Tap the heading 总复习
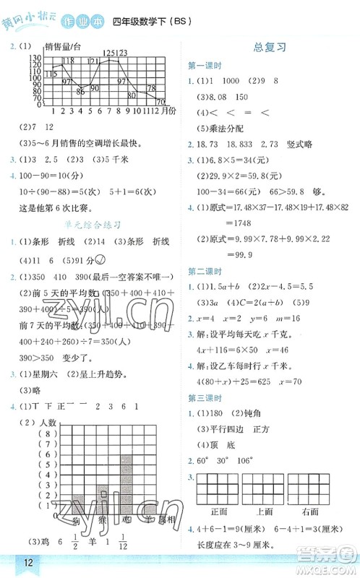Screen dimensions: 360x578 [270, 47]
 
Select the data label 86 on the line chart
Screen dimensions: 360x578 [80, 90]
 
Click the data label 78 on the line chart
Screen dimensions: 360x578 [152, 88]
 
